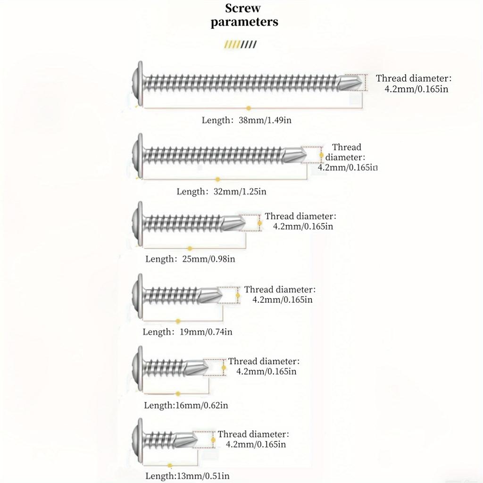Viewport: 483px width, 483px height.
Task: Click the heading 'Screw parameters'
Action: click(x=244, y=15)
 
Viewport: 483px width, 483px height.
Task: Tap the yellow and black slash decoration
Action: click(x=240, y=44)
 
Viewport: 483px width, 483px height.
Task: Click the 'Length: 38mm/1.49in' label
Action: click(x=246, y=120)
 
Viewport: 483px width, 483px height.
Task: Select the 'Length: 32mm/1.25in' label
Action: click(x=222, y=192)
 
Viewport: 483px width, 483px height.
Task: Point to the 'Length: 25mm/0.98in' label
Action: click(x=190, y=259)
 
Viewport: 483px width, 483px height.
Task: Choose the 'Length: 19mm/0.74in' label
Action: click(x=187, y=332)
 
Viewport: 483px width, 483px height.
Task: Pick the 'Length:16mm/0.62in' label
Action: click(x=186, y=405)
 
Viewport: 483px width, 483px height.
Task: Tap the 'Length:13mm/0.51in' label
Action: click(x=187, y=476)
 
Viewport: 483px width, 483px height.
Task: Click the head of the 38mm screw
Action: click(x=138, y=83)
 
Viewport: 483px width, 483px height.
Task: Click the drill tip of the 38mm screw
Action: click(x=350, y=83)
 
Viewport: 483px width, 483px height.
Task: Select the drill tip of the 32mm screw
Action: click(x=295, y=155)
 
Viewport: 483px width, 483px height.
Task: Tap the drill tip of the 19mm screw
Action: click(x=211, y=295)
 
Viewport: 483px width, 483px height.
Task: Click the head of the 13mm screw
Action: click(x=138, y=440)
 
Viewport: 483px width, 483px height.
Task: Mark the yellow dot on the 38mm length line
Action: click(x=249, y=108)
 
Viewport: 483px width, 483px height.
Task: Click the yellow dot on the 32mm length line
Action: click(x=218, y=179)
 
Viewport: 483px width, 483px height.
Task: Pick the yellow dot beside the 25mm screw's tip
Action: click(x=260, y=223)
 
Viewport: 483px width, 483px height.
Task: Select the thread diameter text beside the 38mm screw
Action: click(x=414, y=83)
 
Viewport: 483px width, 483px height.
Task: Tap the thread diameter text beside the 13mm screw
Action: click(x=253, y=439)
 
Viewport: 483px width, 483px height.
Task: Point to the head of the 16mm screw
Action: click(x=138, y=368)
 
